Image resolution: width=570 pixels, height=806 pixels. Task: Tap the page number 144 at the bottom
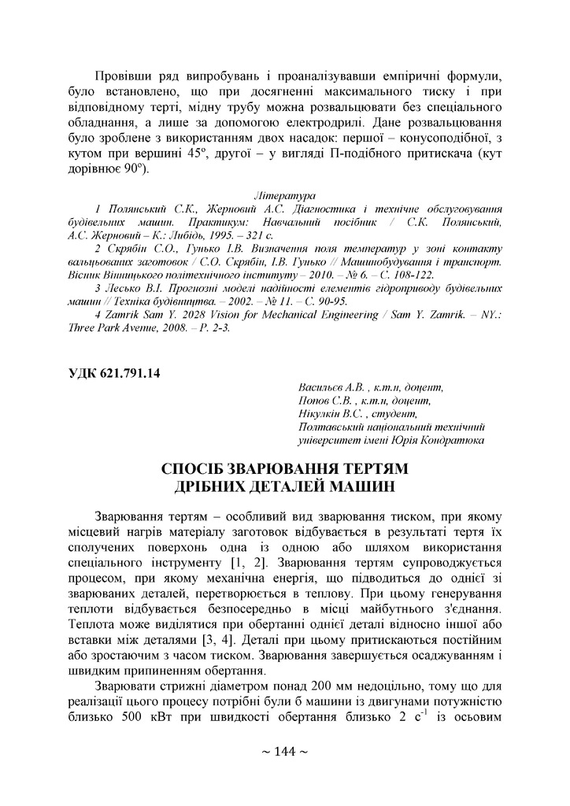(284, 751)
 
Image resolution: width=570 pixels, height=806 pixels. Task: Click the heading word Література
(284, 194)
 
